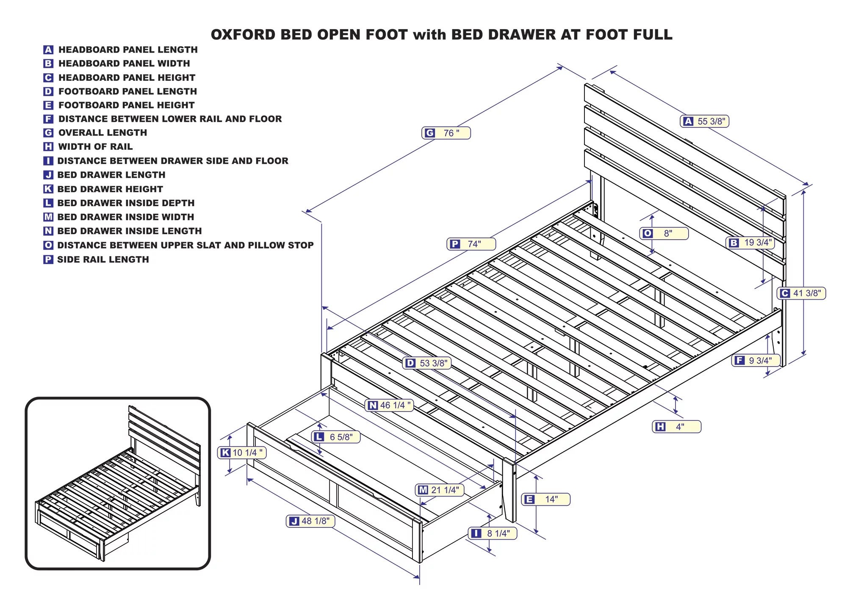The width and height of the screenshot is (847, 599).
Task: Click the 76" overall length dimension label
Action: coord(446,133)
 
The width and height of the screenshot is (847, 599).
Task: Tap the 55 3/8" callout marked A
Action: coord(705,121)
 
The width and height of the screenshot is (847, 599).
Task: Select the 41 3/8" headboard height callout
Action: coord(801,293)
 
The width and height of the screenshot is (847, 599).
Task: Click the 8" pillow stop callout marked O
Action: coord(663,233)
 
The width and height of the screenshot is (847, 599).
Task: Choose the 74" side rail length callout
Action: coord(471,244)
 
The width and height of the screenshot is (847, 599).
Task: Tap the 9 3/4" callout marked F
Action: coord(756,360)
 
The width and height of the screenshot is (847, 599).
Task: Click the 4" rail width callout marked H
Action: coord(676,427)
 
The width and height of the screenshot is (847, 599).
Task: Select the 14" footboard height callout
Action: coord(545,500)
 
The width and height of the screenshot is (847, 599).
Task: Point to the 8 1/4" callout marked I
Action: coord(493,533)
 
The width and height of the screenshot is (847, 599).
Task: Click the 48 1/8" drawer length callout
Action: coord(310,521)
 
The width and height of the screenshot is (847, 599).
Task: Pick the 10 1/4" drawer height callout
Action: coord(242,453)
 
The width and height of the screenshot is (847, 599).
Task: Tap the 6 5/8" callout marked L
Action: coord(336,437)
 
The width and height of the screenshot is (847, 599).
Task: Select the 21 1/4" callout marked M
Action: coord(440,490)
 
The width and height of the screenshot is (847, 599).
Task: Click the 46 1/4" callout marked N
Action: coord(389,405)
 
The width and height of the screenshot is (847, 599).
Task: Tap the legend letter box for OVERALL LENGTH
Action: coord(48,133)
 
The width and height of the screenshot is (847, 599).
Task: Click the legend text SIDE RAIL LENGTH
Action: coord(103,259)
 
